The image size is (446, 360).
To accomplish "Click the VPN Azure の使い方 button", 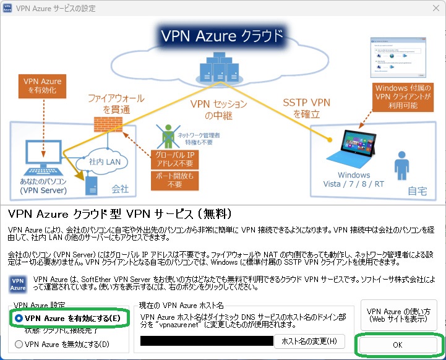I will pos(398,315).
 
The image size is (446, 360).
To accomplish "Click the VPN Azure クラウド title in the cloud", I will pos(221,35).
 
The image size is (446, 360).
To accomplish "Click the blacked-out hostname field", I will pos(207,341).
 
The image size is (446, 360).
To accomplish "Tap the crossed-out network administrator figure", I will pos(167,134).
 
